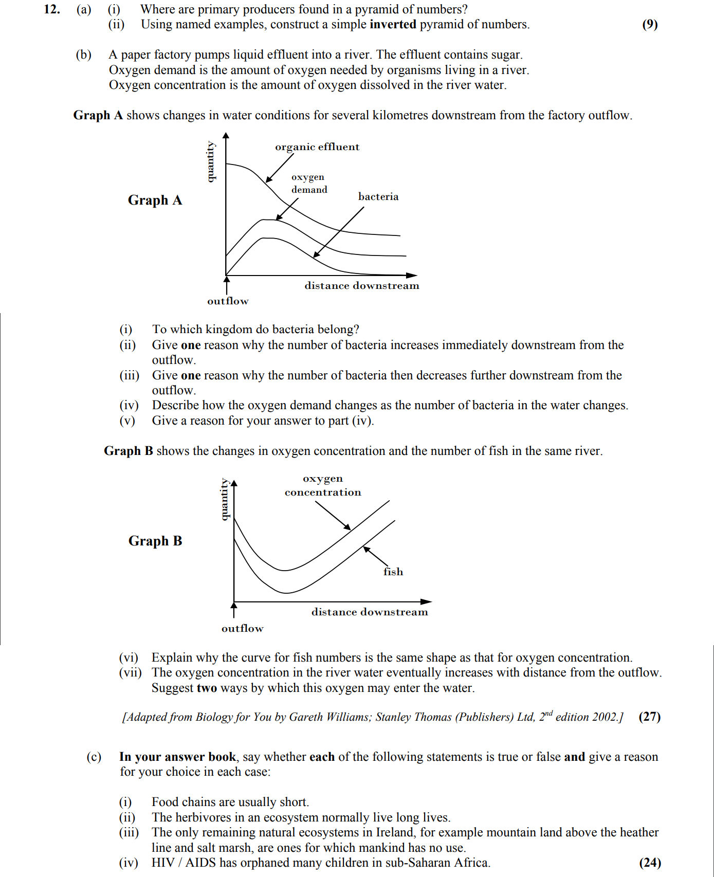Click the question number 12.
click(x=51, y=9)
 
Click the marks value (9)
click(x=650, y=24)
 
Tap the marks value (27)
click(x=649, y=717)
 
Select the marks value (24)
click(x=650, y=863)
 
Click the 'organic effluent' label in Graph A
click(x=317, y=147)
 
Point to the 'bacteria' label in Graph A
click(x=378, y=196)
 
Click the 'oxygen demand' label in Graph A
click(x=309, y=183)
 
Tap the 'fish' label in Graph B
click(x=393, y=572)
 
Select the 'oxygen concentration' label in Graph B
click(x=323, y=485)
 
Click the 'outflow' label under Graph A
click(x=228, y=301)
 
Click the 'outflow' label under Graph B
click(x=242, y=628)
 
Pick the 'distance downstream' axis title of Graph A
click(x=361, y=286)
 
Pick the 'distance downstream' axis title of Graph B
click(x=369, y=612)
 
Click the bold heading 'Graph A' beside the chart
click(x=155, y=200)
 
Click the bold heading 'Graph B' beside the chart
click(x=155, y=541)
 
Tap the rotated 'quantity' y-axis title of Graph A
click(x=210, y=161)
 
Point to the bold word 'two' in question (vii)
click(x=207, y=688)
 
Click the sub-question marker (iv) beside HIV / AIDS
click(x=129, y=863)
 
